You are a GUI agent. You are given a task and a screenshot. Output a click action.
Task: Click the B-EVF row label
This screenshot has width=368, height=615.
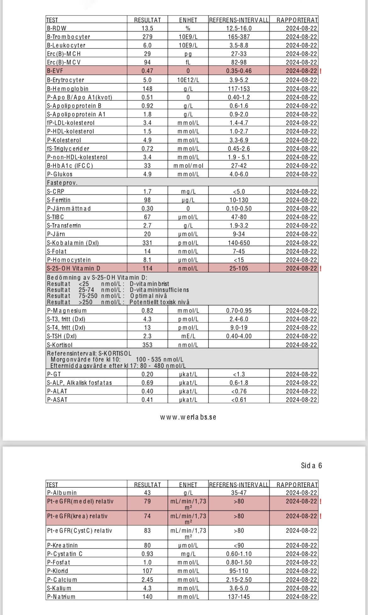55,71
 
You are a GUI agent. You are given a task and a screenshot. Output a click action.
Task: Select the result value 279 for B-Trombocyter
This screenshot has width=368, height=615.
147,37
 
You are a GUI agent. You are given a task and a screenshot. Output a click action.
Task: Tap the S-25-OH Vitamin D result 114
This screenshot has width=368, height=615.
147,268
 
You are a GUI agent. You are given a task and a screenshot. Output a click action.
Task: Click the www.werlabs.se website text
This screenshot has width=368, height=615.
188,417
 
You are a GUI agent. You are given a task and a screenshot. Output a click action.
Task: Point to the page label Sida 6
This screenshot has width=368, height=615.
311,466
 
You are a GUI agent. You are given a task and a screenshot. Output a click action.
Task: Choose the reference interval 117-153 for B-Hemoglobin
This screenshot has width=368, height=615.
239,89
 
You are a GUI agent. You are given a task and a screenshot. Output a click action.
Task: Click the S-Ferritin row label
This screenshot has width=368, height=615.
59,200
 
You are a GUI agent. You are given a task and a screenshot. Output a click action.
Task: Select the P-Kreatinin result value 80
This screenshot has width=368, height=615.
147,545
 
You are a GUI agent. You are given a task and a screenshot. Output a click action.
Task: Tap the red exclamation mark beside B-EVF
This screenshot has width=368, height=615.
321,71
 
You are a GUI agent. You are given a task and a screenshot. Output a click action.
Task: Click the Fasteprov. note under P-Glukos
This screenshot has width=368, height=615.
62,183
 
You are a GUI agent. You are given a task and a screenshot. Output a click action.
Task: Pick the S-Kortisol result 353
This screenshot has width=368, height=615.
147,345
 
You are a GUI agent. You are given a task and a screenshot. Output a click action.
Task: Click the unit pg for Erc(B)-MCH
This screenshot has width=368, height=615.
188,54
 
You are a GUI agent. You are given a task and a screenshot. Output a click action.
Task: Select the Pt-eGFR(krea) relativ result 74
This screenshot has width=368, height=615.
147,516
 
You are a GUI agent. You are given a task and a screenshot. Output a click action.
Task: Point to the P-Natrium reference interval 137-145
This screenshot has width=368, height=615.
239,597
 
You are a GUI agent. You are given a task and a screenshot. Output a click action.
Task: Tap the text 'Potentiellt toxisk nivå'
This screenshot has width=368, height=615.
159,302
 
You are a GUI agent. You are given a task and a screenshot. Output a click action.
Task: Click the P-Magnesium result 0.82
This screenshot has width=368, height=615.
147,311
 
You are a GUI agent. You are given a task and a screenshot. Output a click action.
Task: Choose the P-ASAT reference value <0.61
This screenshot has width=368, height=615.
239,400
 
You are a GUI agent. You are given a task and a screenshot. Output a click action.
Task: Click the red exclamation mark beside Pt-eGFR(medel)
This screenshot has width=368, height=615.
321,502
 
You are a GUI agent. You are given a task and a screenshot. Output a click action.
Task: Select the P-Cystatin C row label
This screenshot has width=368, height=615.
65,554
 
